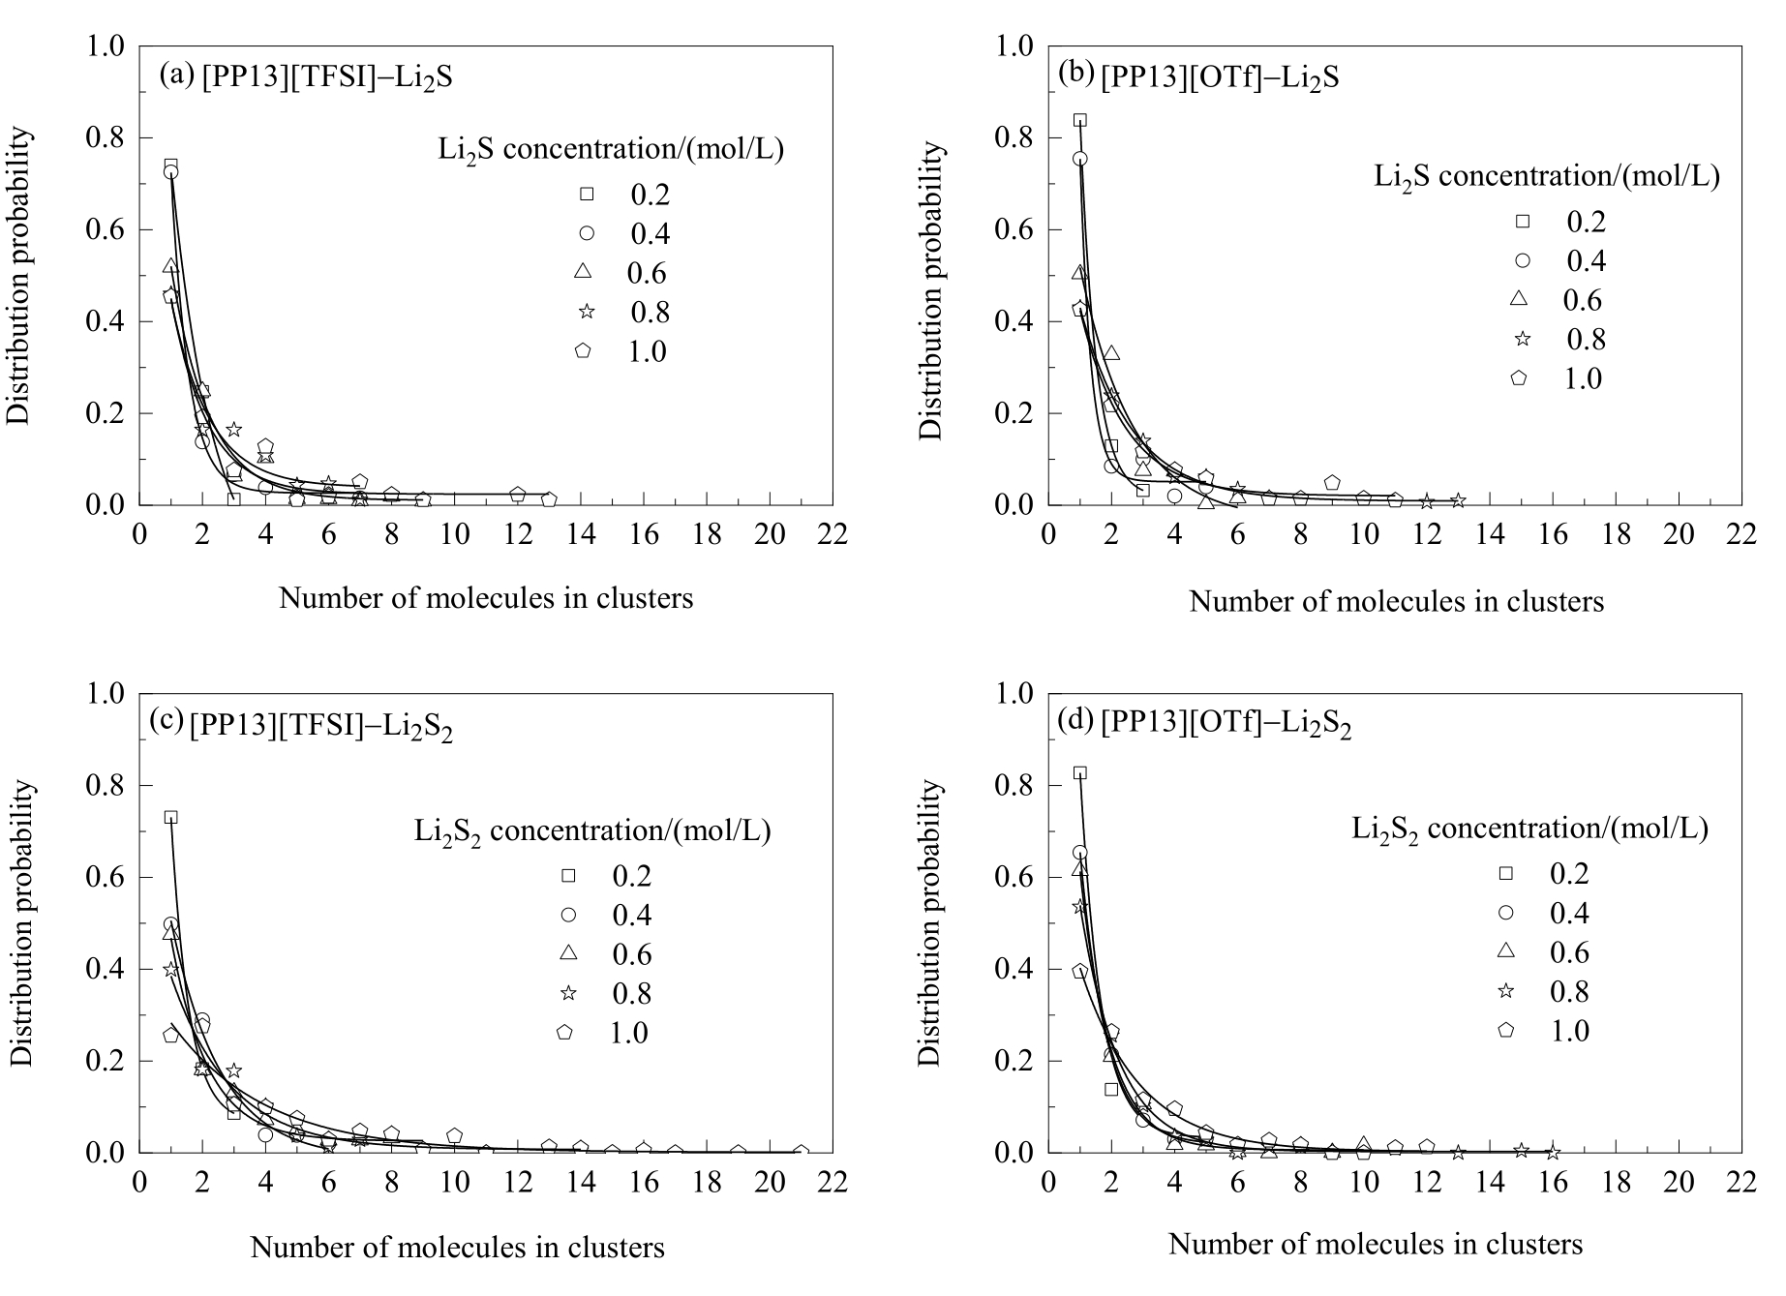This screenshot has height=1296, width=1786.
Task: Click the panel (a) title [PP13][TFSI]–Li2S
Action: tap(305, 77)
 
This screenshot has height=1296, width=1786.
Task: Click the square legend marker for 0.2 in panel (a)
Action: tap(586, 195)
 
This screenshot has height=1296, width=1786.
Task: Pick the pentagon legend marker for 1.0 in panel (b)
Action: tap(1518, 378)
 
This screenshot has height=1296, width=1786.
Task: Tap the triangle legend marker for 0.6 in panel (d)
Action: tap(1505, 952)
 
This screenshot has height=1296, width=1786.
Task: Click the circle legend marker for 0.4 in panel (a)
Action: tap(586, 234)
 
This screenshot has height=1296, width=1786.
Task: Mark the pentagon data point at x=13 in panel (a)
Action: tap(549, 499)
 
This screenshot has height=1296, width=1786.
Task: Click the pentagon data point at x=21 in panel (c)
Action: tap(801, 1153)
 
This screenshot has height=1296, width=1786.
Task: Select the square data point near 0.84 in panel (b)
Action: tap(1080, 120)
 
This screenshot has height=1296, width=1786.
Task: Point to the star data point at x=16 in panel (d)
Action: tap(1553, 1152)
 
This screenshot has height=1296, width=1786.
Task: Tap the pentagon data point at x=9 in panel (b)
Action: tap(1332, 482)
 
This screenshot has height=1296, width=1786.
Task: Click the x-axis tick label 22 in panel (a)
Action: tap(832, 534)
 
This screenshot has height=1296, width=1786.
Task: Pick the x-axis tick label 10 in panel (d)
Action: tap(1363, 1183)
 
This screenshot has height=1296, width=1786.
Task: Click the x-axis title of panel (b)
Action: tap(1396, 602)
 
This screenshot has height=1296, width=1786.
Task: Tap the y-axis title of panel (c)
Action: tap(23, 923)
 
